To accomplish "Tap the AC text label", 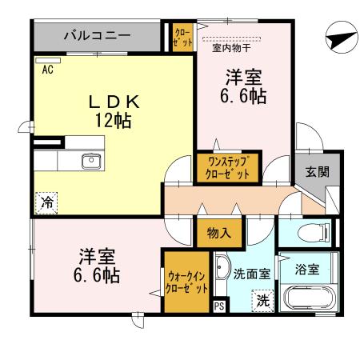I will tap(48, 70).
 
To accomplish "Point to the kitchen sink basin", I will tap(91, 160).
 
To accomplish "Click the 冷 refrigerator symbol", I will tap(46, 203).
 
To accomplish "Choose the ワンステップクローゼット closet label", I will tap(228, 168).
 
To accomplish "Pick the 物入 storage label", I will tap(218, 234).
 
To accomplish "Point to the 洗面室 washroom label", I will tap(251, 273).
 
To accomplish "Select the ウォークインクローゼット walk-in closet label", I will tap(188, 282).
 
